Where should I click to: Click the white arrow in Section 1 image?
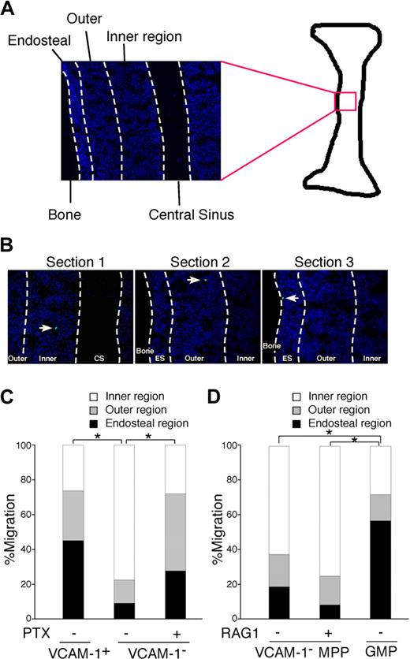(46, 327)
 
